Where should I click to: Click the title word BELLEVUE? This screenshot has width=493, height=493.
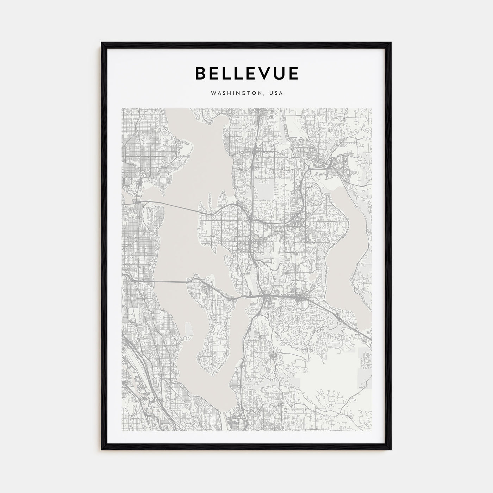[246, 73]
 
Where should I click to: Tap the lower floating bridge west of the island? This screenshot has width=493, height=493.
[158, 281]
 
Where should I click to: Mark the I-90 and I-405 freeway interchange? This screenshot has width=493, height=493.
[263, 297]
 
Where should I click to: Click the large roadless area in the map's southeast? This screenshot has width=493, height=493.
[331, 380]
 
